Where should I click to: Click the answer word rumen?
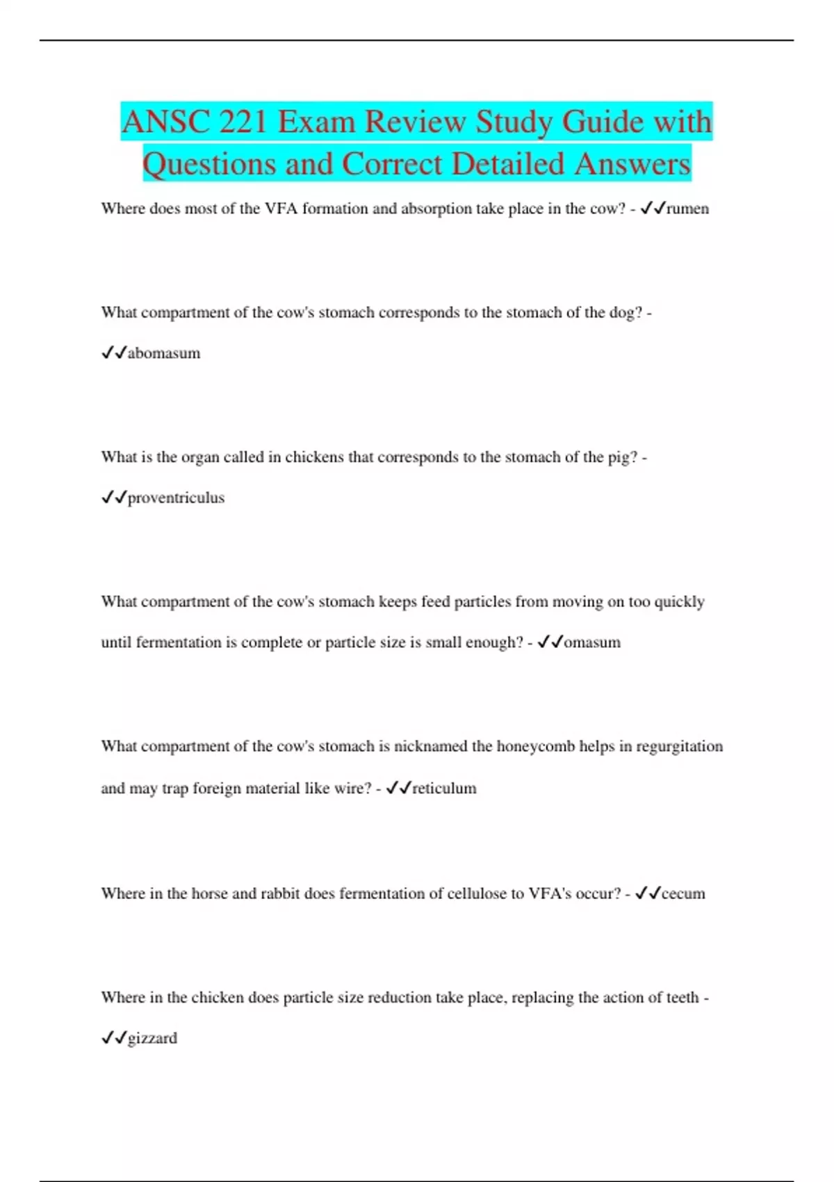(687, 209)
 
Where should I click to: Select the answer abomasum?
(164, 353)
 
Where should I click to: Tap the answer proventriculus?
(176, 498)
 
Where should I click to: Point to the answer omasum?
(592, 642)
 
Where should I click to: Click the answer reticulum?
(444, 788)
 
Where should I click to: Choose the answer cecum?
(683, 893)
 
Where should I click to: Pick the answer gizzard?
(152, 1038)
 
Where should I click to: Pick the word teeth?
(682, 998)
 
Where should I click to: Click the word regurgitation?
(679, 747)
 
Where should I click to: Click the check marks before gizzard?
(113, 1038)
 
